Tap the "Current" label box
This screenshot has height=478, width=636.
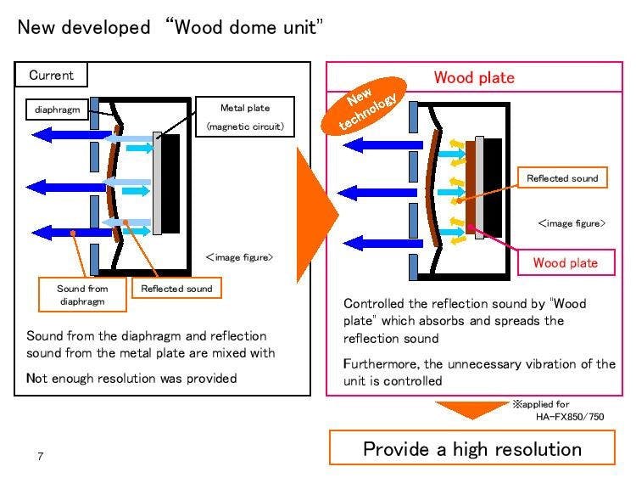click(52, 76)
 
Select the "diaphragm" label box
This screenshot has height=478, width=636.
click(56, 110)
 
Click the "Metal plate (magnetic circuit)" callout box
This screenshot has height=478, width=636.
click(245, 117)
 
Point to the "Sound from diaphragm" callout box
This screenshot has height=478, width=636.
click(82, 295)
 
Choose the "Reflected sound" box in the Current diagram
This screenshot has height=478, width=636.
click(176, 289)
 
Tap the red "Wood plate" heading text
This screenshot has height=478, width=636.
click(474, 78)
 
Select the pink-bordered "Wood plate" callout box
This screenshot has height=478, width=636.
click(565, 262)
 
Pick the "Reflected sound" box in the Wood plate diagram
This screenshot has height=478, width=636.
click(562, 178)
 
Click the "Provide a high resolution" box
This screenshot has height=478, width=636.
click(472, 448)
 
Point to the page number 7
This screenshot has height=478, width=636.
click(39, 457)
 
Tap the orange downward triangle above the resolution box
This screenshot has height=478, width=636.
click(471, 410)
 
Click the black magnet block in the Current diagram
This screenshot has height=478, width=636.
click(170, 183)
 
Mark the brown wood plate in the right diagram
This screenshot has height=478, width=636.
click(471, 183)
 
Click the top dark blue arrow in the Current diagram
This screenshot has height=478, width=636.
click(64, 134)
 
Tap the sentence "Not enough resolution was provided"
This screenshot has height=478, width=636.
click(131, 378)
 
